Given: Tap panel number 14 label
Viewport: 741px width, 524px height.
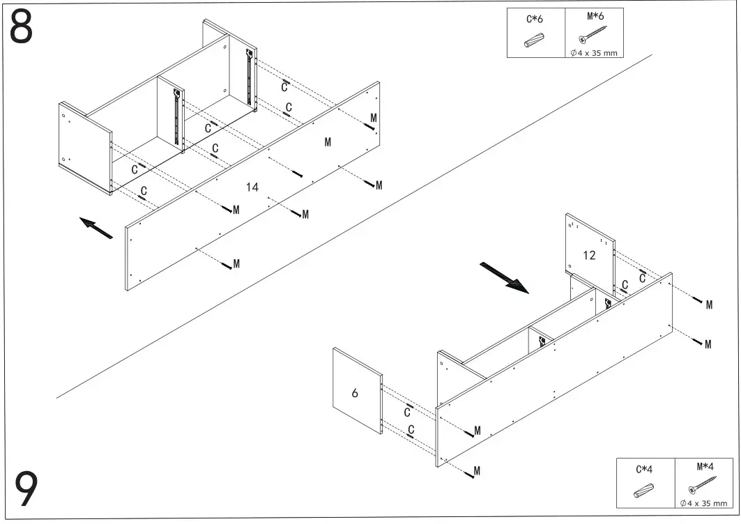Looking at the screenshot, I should point(252,187).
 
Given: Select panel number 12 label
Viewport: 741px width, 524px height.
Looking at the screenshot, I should point(589,255).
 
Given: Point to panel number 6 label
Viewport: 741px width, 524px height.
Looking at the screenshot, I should point(355,393).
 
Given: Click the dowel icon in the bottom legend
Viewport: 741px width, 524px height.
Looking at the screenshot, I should point(644,491).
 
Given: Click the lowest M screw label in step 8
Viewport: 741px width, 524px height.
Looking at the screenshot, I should point(236,263).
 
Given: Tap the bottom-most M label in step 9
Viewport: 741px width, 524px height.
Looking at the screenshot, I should point(477,472).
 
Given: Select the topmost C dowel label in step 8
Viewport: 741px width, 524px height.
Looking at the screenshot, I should point(284,87).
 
